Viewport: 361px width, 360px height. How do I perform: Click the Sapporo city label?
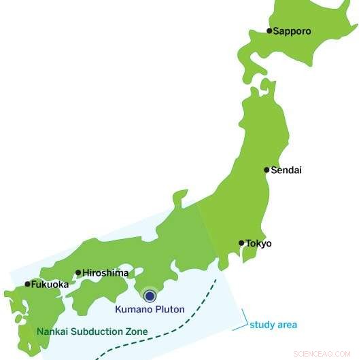pyautogui.click(x=292, y=31)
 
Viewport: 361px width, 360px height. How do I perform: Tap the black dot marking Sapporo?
pyautogui.click(x=269, y=31)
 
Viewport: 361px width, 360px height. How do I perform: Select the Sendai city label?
pyautogui.click(x=286, y=170)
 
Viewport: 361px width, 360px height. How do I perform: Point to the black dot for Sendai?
pyautogui.click(x=267, y=170)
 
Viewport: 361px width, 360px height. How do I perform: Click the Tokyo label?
pyautogui.click(x=258, y=243)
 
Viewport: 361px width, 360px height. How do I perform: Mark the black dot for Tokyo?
pyautogui.click(x=241, y=242)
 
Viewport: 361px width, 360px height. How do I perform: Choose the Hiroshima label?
pyautogui.click(x=105, y=273)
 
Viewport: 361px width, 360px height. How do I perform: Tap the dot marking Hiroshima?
pyautogui.click(x=78, y=273)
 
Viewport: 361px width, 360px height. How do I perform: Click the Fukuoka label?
pyautogui.click(x=50, y=285)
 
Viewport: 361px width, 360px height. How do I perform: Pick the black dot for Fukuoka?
pyautogui.click(x=27, y=285)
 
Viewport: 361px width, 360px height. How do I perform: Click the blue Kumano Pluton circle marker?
pyautogui.click(x=150, y=295)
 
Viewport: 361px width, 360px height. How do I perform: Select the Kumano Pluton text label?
pyautogui.click(x=150, y=310)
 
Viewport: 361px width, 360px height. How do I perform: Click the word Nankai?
pyautogui.click(x=53, y=332)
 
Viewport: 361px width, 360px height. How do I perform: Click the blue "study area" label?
pyautogui.click(x=273, y=325)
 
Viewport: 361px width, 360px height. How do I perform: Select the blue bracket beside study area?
pyautogui.click(x=239, y=321)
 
